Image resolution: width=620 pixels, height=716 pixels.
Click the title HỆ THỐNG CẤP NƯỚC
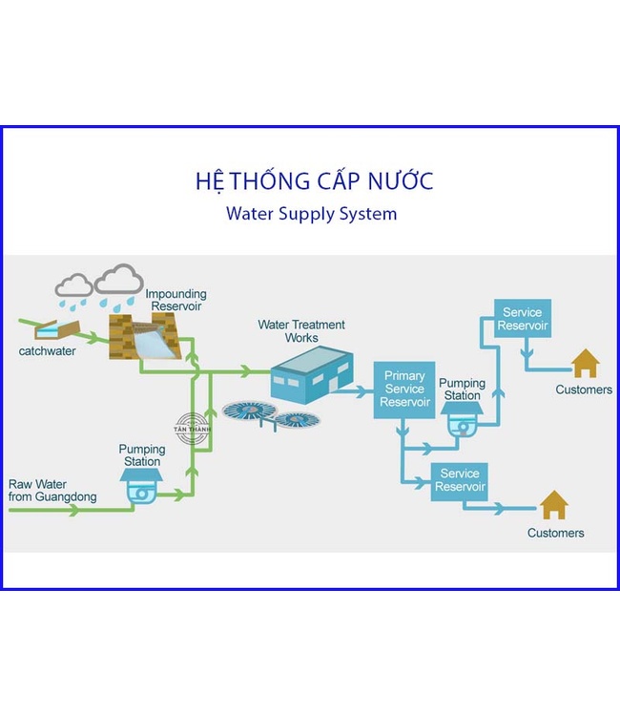pyautogui.click(x=314, y=180)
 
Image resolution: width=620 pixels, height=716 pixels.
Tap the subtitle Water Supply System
pyautogui.click(x=311, y=213)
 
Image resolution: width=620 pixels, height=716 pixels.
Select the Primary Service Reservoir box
pyautogui.click(x=404, y=390)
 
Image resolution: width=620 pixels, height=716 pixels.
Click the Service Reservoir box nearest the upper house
pyautogui.click(x=523, y=319)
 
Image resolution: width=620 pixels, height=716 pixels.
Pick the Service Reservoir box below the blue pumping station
pyautogui.click(x=460, y=480)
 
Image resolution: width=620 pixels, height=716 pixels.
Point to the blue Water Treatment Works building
pyautogui.click(x=309, y=373)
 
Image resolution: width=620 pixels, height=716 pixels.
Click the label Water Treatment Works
pyautogui.click(x=301, y=331)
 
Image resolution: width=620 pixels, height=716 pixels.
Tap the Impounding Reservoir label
pyautogui.click(x=176, y=300)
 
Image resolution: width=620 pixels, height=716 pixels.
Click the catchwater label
pyautogui.click(x=47, y=351)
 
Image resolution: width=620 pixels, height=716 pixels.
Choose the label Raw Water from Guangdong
pyautogui.click(x=52, y=491)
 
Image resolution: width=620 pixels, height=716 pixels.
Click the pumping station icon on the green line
pyautogui.click(x=142, y=488)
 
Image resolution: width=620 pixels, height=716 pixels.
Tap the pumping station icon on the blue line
pyautogui.click(x=462, y=418)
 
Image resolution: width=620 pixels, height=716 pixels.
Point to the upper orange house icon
pyautogui.click(x=585, y=363)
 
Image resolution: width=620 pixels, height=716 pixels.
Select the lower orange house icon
pyautogui.click(x=553, y=505)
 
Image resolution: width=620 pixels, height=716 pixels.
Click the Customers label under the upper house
pyautogui.click(x=584, y=390)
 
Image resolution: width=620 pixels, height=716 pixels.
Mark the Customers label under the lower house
pyautogui.click(x=555, y=533)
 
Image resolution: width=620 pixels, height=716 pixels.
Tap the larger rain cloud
pyautogui.click(x=119, y=280)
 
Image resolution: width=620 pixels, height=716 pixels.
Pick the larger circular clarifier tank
pyautogui.click(x=249, y=411)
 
